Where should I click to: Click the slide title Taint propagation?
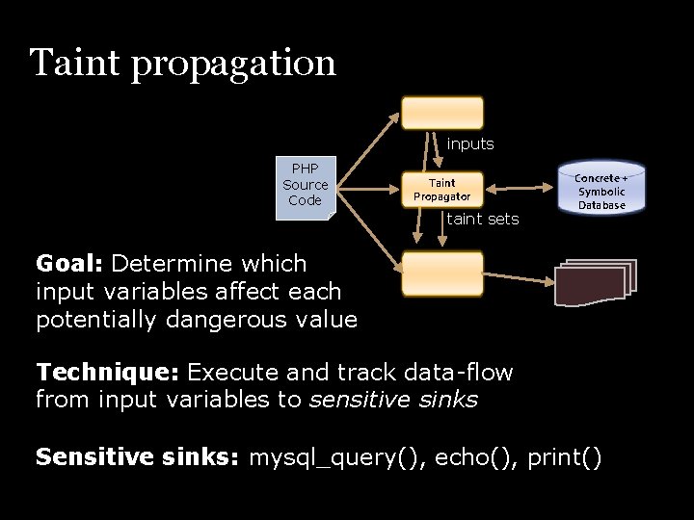coord(183,64)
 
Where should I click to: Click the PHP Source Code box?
coord(305,186)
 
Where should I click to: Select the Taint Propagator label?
coord(441,189)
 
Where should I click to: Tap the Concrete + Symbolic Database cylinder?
coord(601,190)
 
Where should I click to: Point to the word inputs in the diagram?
coord(470,144)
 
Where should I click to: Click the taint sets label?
coord(483,220)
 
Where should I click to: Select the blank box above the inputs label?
coord(442,113)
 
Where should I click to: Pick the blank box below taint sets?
coord(442,273)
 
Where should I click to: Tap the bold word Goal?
coord(70,264)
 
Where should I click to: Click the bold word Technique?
coord(108,373)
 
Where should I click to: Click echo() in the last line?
coord(474,458)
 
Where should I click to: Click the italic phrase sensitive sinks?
coord(392,400)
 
